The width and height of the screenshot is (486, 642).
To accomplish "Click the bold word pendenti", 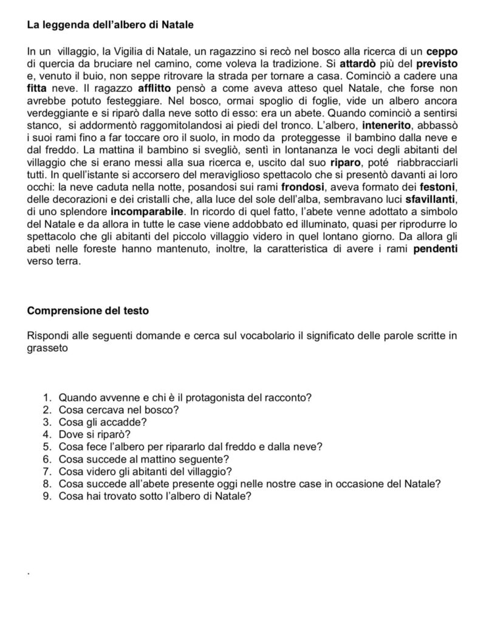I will coord(436,251).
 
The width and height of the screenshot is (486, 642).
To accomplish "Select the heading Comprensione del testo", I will coord(88,310).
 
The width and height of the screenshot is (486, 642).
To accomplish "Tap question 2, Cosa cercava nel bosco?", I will coord(118,410).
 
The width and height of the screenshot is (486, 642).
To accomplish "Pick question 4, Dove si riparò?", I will coord(94,434).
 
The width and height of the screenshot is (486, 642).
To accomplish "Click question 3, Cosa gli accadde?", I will coord(102,422).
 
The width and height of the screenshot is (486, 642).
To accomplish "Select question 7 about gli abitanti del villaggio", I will coord(145,471).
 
